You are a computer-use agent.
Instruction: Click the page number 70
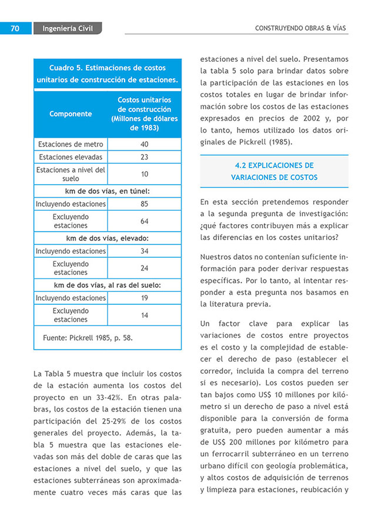[x=15, y=28]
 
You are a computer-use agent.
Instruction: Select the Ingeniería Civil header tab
[x=68, y=28]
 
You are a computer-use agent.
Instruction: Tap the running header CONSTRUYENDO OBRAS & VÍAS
[x=300, y=28]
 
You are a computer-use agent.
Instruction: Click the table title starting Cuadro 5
[x=107, y=74]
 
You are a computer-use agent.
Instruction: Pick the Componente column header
[x=71, y=114]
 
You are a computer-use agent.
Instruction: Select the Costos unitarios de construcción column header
[x=144, y=114]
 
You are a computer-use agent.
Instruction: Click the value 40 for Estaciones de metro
[x=144, y=144]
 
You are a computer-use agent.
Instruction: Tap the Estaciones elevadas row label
[x=71, y=157]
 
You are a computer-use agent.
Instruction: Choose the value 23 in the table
[x=144, y=157]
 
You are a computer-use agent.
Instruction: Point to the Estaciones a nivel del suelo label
[x=71, y=174]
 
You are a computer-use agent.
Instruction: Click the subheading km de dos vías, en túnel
[x=107, y=191]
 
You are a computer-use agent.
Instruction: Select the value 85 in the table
[x=144, y=204]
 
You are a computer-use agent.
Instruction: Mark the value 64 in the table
[x=144, y=221]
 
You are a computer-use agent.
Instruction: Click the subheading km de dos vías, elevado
[x=107, y=238]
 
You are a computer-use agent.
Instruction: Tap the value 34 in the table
[x=144, y=251]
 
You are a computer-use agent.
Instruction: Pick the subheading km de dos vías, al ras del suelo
[x=107, y=285]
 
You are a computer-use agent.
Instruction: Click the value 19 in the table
[x=144, y=298]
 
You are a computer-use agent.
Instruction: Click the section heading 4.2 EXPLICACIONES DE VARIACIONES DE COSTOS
[x=274, y=171]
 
